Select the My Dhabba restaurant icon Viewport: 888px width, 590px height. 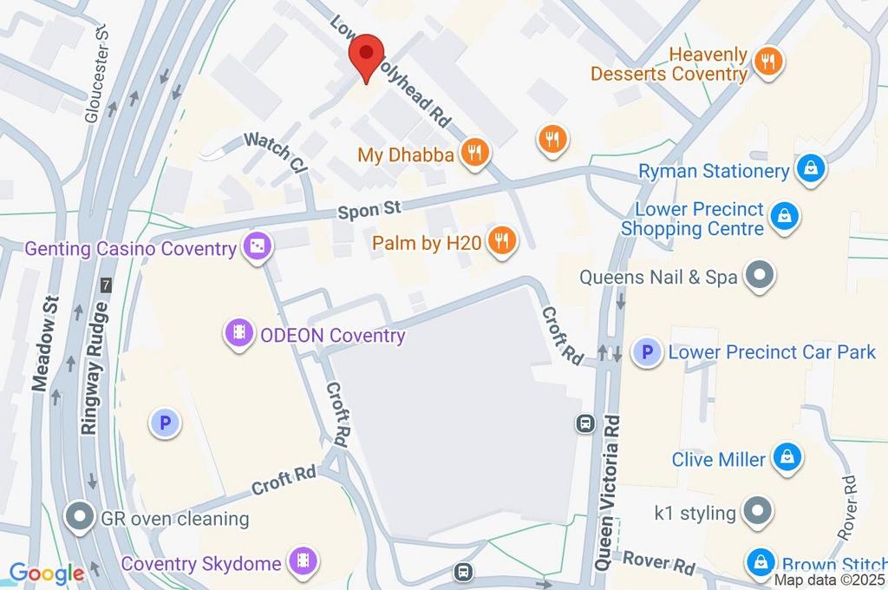(474, 154)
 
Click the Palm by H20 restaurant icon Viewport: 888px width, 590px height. (501, 242)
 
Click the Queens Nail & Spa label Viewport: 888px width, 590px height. (658, 278)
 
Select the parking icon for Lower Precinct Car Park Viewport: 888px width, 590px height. (645, 352)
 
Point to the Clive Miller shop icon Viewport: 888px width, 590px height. (787, 458)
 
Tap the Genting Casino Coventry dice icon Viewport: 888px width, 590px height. (258, 248)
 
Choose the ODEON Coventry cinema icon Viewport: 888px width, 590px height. (238, 333)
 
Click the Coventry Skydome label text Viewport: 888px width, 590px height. (202, 563)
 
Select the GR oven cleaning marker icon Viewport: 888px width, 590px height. (81, 518)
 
